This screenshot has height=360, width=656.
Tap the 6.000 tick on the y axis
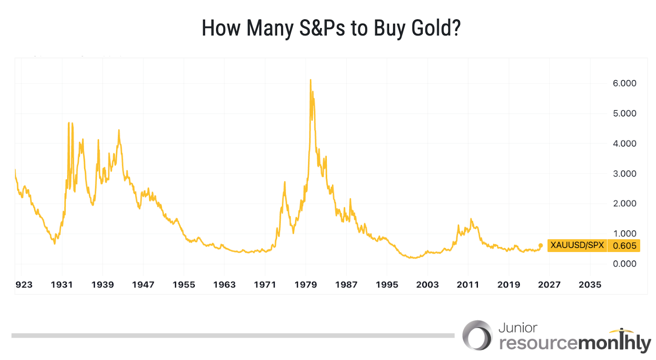(624, 83)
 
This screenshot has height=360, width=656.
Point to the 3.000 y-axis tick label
(624, 173)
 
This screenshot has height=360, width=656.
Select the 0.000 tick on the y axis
(624, 264)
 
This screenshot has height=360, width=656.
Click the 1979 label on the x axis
(305, 285)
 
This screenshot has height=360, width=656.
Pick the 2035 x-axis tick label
(590, 285)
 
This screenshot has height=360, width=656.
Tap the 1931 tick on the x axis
(61, 285)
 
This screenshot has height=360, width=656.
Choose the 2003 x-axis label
(427, 285)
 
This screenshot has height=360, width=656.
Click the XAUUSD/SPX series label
(577, 245)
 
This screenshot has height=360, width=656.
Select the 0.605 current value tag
(624, 246)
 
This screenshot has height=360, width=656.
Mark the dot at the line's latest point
(540, 246)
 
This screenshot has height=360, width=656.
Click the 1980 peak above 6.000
(310, 80)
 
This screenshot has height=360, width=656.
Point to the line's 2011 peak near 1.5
(471, 219)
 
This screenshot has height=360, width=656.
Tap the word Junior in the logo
(517, 328)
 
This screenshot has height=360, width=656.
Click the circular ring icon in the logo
(477, 335)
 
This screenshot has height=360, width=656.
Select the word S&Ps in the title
(322, 28)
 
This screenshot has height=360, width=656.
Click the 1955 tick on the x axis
(184, 285)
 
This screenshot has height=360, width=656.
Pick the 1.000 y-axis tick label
(624, 233)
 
